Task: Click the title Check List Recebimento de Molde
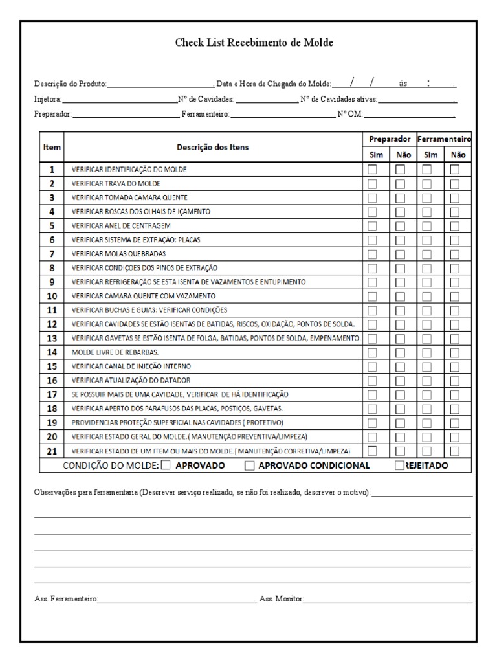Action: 254,43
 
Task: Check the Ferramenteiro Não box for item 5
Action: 455,226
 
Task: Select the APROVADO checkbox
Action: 166,465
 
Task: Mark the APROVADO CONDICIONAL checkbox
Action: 249,465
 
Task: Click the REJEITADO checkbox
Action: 399,465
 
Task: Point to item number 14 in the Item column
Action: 52,352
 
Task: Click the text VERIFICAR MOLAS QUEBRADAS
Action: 118,254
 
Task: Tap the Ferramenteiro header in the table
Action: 444,139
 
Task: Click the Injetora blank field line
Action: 120,100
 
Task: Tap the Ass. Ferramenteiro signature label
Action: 65,600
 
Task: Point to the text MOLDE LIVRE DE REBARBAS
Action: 115,352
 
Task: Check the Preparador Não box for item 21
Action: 401,451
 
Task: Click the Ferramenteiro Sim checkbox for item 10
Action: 427,296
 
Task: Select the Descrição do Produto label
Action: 71,84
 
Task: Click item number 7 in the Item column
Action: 52,254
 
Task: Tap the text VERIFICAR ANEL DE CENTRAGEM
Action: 122,226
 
